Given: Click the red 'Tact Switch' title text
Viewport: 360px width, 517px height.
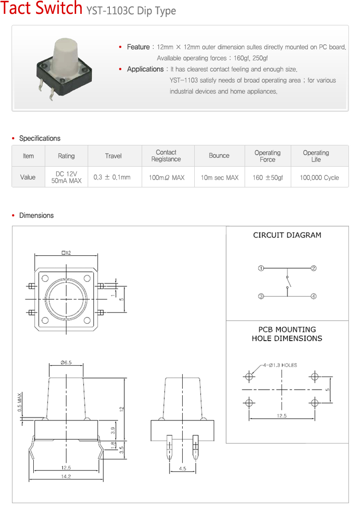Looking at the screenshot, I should click(42, 9).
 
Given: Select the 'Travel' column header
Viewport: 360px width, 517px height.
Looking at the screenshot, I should click(113, 156).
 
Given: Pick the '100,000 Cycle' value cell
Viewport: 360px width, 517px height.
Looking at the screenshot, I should click(319, 177).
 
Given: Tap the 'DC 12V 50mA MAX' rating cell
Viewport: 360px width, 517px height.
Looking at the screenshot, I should click(66, 177).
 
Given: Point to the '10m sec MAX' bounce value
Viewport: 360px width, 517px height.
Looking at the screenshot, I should click(219, 177).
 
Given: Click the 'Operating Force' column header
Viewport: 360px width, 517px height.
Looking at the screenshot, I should click(267, 156).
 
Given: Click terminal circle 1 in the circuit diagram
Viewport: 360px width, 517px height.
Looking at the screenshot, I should click(261, 268).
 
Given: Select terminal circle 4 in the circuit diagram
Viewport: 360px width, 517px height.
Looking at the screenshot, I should click(314, 296).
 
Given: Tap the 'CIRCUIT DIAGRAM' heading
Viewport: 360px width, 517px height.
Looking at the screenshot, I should click(287, 235).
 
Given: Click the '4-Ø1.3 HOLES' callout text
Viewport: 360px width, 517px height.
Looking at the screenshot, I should click(280, 365).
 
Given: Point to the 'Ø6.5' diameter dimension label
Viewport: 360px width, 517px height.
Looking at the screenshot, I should click(66, 363).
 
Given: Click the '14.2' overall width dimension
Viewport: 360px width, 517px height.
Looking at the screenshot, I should click(66, 477).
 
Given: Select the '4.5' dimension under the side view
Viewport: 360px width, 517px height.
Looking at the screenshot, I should click(182, 469).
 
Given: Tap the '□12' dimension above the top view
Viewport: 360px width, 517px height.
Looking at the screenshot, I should click(66, 252).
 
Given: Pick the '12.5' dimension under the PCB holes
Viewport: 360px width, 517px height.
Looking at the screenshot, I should click(282, 416).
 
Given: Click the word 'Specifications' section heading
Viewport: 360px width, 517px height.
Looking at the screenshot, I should click(40, 138).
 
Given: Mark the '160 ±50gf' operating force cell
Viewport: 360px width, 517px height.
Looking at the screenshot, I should click(268, 177).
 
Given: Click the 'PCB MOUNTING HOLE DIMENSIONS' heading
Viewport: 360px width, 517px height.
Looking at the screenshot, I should click(287, 334).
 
